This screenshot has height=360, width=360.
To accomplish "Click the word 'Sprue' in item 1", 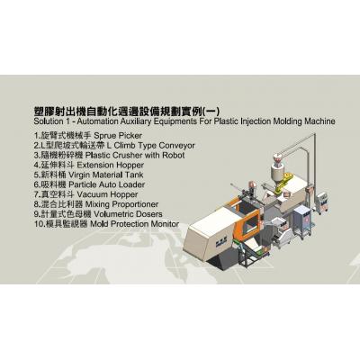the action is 105,136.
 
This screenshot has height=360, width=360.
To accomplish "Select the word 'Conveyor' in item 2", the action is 176,146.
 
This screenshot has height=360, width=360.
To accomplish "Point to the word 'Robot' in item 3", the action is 174,156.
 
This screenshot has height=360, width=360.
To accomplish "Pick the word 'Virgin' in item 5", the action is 79,175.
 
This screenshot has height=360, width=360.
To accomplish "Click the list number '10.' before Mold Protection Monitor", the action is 40,224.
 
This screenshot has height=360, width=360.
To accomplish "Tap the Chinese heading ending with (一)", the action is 127,111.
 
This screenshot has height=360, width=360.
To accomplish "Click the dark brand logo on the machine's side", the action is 220,241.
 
